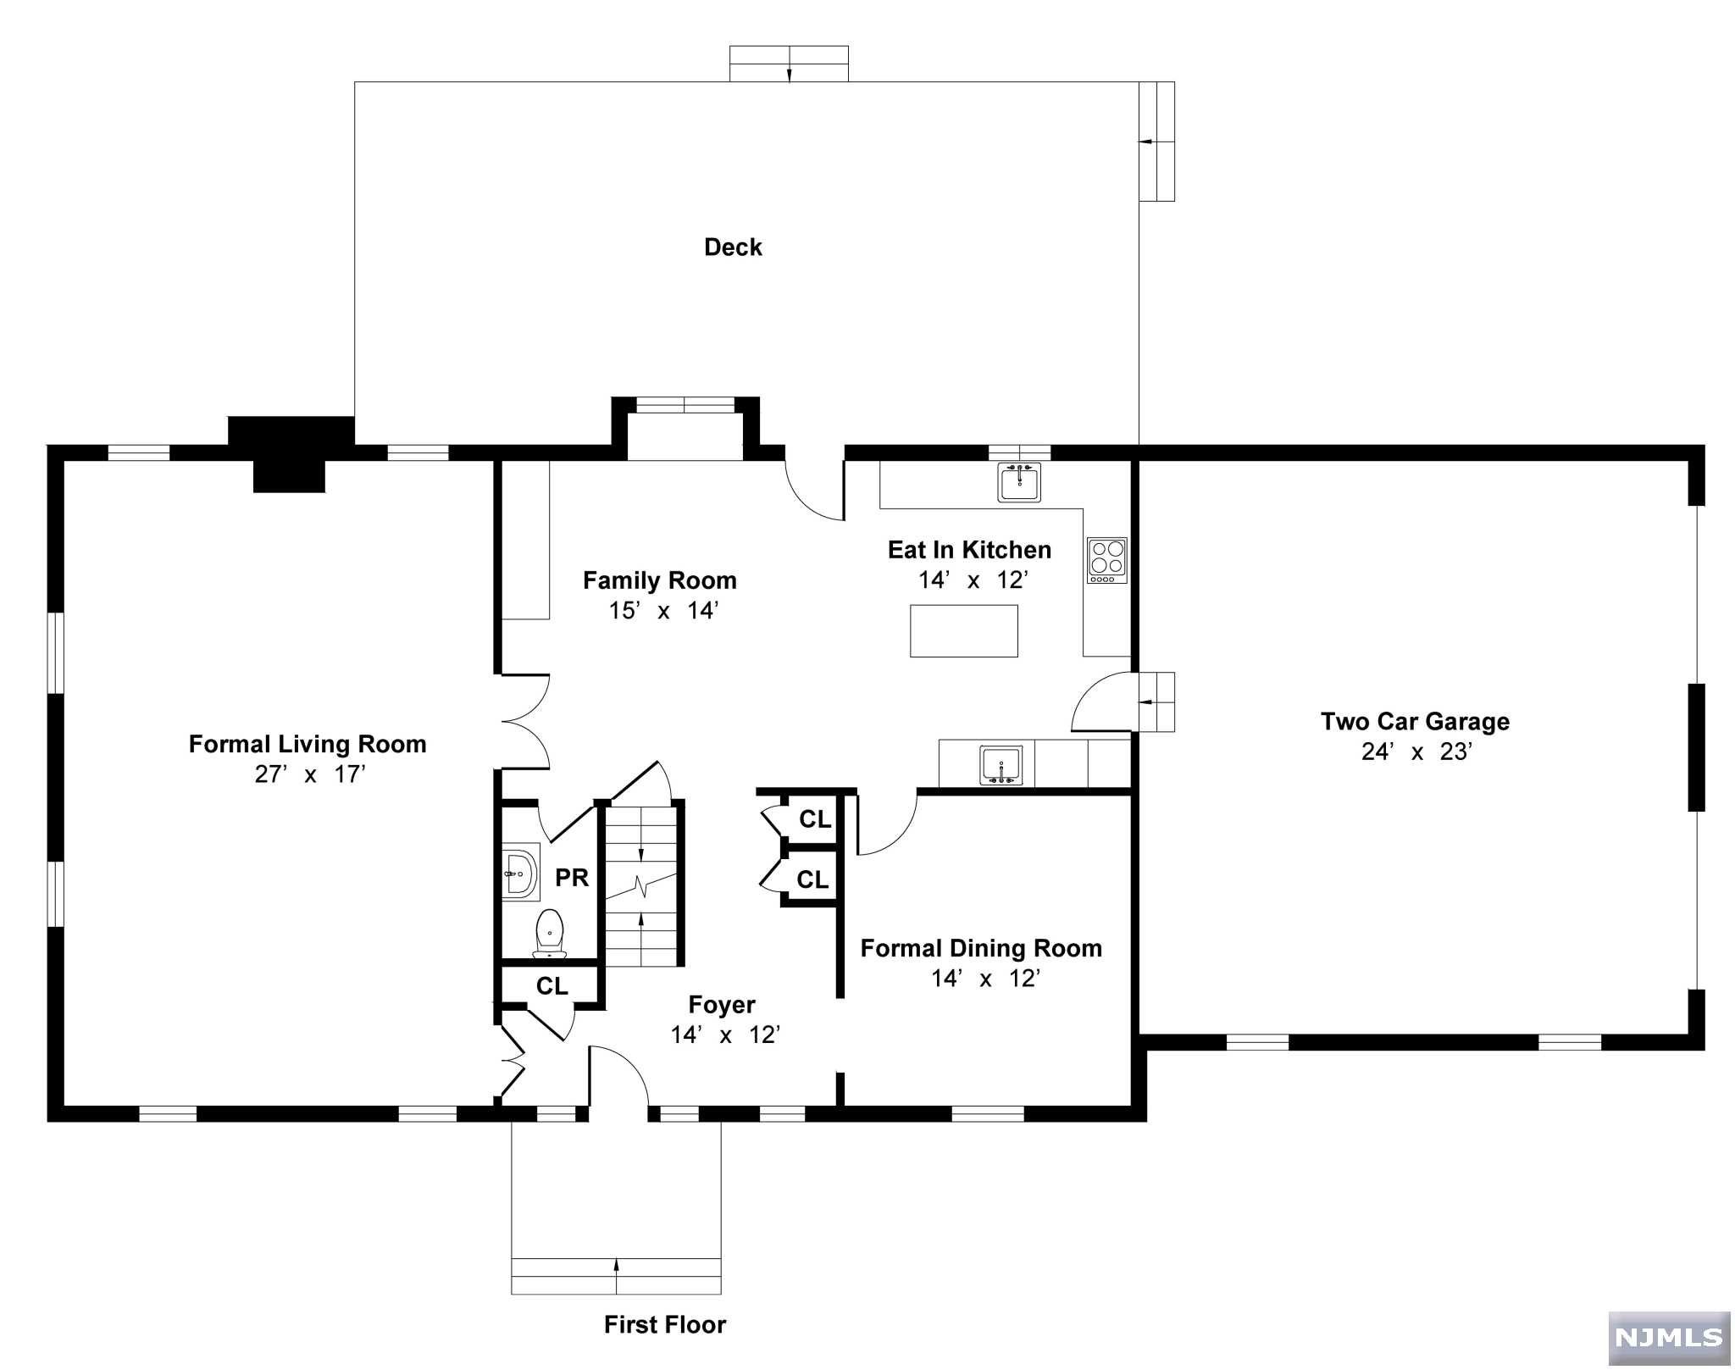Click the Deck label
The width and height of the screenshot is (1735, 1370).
tap(733, 247)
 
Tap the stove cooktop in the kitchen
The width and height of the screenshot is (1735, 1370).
tap(1107, 560)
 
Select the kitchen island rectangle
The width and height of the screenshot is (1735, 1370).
tap(963, 631)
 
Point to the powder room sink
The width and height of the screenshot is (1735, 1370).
tap(520, 872)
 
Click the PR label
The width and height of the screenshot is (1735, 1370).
tap(572, 878)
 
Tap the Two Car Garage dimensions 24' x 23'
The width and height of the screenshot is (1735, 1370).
tap(1416, 752)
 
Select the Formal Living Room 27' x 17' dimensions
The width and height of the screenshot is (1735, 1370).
tap(309, 774)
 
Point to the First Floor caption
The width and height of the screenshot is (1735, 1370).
tap(664, 1324)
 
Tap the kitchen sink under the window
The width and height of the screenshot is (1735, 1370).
tap(1018, 482)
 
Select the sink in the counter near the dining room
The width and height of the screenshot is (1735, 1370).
tap(1001, 765)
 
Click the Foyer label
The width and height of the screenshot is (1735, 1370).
tap(722, 1005)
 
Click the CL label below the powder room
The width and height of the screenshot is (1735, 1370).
tap(552, 986)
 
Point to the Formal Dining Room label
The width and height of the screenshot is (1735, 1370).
tap(981, 948)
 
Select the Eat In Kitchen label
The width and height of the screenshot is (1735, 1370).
tap(969, 550)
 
